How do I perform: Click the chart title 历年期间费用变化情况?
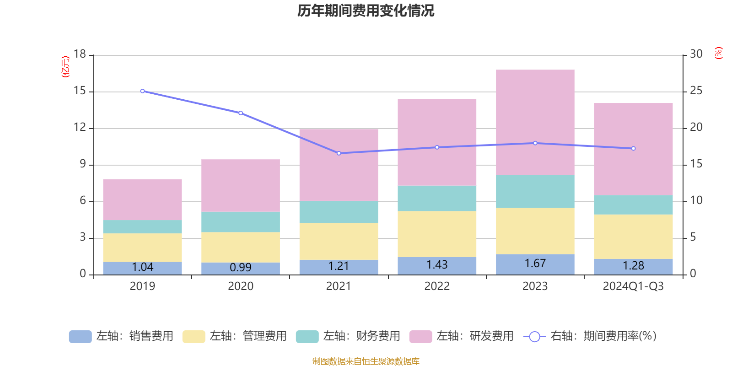(366, 11)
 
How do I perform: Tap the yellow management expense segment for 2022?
(437, 234)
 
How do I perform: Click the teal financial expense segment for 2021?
(339, 212)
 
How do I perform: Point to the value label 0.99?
(241, 267)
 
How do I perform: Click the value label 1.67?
(535, 264)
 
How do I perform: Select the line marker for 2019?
(142, 91)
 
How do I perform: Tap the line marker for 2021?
(339, 153)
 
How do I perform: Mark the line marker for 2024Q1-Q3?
(633, 148)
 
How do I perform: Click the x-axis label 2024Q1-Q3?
(633, 286)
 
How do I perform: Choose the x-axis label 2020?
(241, 286)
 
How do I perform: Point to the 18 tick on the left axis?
(80, 54)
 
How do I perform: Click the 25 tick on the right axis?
(696, 91)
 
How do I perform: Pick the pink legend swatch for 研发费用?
(420, 336)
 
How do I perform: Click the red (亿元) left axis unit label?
(66, 67)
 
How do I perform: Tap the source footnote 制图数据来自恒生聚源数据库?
(366, 361)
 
